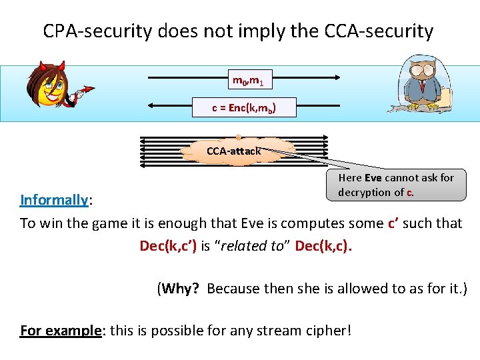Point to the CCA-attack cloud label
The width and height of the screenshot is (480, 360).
pyautogui.click(x=233, y=151)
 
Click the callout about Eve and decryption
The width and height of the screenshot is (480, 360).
pyautogui.click(x=396, y=185)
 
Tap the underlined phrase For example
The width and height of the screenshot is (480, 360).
pyautogui.click(x=60, y=330)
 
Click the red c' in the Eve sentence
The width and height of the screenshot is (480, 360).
pyautogui.click(x=394, y=223)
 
